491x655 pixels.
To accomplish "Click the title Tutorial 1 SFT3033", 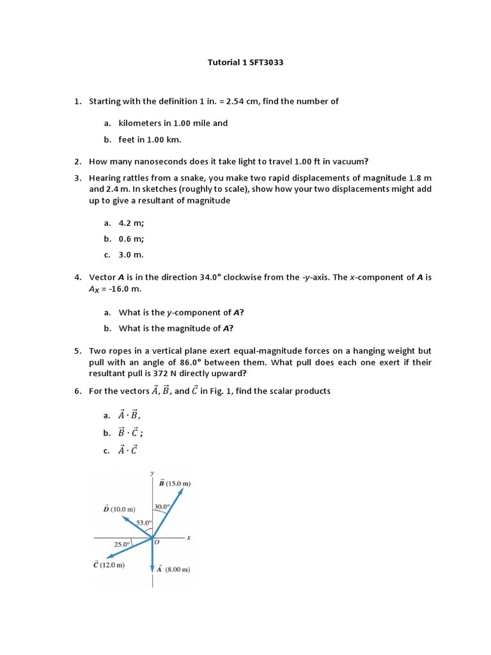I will [x=245, y=63].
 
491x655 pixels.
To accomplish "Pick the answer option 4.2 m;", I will [x=131, y=223].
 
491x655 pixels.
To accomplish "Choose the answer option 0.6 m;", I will [x=131, y=239].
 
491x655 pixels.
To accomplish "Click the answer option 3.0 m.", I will [x=131, y=255].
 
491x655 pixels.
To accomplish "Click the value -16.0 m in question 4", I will [x=125, y=289].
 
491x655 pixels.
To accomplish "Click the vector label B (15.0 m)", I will [x=175, y=484].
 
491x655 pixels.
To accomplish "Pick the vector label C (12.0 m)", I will [x=109, y=565].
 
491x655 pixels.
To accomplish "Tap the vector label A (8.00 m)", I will [x=173, y=569].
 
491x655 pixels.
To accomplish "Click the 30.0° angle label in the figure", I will [x=162, y=507].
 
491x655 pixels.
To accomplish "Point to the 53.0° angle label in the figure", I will [x=144, y=523].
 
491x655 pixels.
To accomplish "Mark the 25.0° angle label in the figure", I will [x=122, y=544].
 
